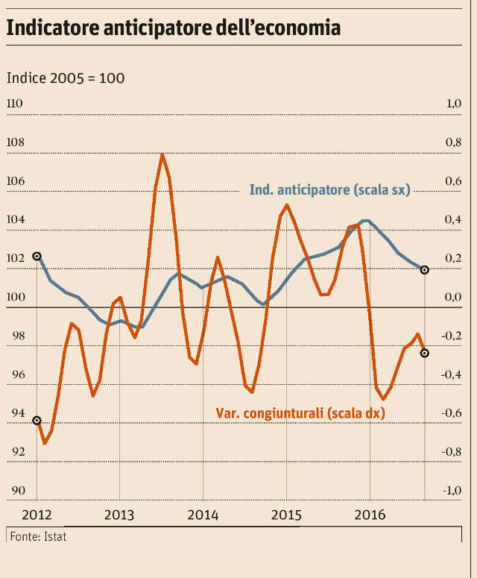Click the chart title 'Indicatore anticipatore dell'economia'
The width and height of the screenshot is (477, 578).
tap(174, 28)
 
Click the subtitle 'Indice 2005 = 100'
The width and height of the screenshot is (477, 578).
tap(66, 78)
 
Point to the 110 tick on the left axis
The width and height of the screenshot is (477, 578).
tap(15, 104)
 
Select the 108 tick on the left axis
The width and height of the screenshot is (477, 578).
tap(15, 142)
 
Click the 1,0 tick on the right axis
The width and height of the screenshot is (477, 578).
tap(453, 104)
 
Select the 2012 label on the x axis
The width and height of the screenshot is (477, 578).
tap(37, 515)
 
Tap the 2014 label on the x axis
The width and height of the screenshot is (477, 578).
tap(203, 515)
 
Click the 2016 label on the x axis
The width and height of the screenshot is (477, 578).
tap(370, 515)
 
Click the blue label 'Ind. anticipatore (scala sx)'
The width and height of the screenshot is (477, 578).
tap(330, 190)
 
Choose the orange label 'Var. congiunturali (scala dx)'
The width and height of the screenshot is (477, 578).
tap(300, 412)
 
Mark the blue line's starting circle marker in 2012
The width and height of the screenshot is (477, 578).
tap(37, 256)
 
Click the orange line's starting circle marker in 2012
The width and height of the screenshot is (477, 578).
tap(37, 421)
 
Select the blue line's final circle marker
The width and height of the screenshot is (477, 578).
tap(425, 269)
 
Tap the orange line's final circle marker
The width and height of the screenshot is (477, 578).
tap(425, 353)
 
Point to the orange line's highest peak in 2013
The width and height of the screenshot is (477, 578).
tap(162, 154)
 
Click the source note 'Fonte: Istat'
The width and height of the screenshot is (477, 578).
tap(38, 536)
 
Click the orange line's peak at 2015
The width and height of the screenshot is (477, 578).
tap(287, 204)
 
